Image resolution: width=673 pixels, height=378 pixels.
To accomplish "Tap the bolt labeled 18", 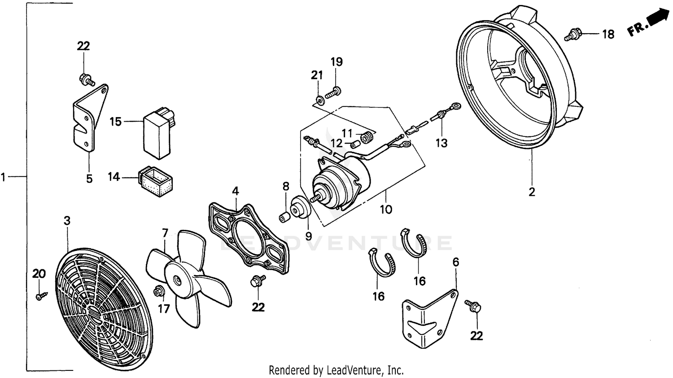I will coord(573,34).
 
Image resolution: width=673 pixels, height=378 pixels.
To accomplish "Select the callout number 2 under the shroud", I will coord(532,192).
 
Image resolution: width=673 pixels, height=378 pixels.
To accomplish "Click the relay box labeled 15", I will coord(157,135).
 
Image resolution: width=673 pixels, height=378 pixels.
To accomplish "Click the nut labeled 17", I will coord(158,291).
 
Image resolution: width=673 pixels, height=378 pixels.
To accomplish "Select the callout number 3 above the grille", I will coord(67,221).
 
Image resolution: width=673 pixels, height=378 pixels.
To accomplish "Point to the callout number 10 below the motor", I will coord(386,209).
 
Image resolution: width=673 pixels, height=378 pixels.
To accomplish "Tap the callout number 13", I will coord(441,143).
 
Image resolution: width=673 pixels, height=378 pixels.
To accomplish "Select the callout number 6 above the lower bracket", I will coord(456,262).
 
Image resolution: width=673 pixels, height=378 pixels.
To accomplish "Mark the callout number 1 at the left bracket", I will coord(4,177).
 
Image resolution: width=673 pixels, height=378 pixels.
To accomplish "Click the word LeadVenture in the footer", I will coord(354,370).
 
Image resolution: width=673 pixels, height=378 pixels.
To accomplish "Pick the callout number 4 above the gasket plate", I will coord(235,191).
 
